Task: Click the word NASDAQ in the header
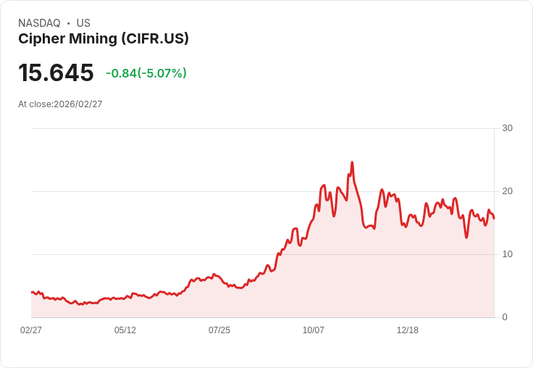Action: tap(39, 23)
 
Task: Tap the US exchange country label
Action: tap(83, 23)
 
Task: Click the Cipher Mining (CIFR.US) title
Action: tap(104, 39)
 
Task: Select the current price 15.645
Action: tap(56, 73)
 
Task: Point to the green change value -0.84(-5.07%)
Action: tap(146, 73)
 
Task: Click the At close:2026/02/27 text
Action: tap(60, 104)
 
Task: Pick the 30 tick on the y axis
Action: tap(507, 128)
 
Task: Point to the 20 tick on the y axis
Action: tap(507, 191)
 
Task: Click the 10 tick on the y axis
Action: tap(507, 254)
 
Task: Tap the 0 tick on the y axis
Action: tap(505, 317)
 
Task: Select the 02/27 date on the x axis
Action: tap(31, 330)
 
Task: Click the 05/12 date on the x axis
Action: tap(125, 330)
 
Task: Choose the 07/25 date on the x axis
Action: tap(219, 330)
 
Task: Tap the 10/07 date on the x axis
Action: tap(314, 330)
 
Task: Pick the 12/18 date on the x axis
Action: tap(408, 330)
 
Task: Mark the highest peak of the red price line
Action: tap(352, 163)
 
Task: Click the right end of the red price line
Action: tap(494, 218)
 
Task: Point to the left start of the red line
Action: tap(32, 292)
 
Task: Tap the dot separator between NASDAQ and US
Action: tap(69, 23)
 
